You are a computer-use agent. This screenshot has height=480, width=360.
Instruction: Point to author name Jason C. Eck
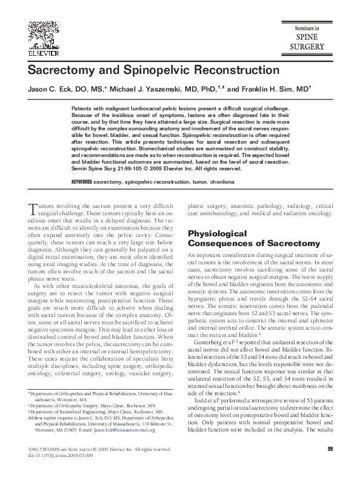50,88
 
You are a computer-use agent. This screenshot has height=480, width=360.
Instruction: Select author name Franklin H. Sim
268,88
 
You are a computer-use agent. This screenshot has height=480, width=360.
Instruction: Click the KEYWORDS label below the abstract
81,181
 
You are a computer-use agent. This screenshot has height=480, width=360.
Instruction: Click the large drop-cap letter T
32,209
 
